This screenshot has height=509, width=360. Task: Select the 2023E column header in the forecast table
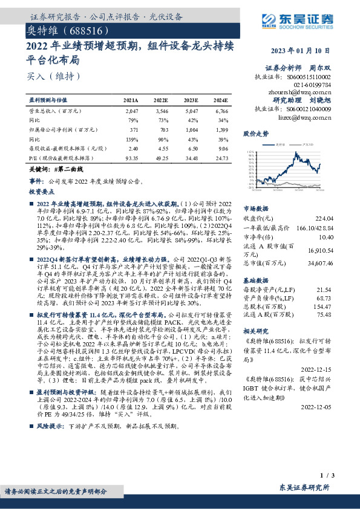point(191,100)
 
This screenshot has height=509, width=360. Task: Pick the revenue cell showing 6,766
point(221,112)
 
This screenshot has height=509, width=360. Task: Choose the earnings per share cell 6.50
point(191,148)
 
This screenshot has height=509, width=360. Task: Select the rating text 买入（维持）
point(45,77)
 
